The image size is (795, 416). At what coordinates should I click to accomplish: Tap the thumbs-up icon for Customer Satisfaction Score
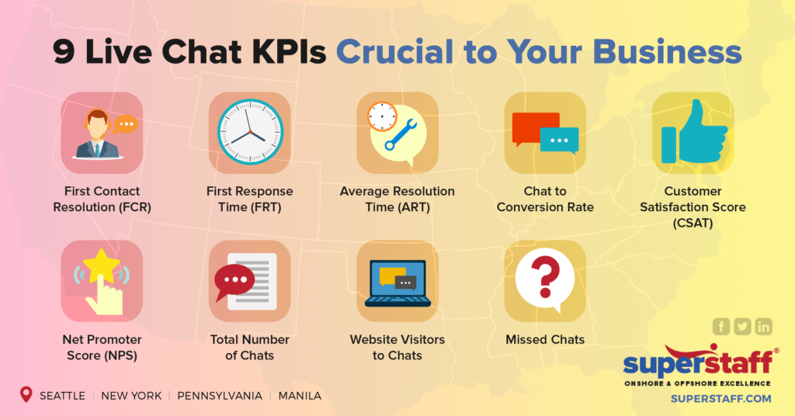693,132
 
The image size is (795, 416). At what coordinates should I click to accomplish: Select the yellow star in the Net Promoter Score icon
102,267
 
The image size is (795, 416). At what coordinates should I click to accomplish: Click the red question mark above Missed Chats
545,275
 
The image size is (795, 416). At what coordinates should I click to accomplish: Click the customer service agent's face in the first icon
97,123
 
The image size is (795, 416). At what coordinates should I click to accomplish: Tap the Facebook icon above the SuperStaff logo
721,327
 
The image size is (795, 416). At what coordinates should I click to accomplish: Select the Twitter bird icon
743,327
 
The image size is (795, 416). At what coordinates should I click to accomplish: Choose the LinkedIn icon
764,327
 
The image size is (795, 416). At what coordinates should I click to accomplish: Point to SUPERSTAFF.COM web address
720,399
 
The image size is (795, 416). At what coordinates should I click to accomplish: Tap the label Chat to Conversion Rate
545,199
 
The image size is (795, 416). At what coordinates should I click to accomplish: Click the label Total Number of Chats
250,348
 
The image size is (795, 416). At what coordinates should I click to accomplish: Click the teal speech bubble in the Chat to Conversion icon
560,140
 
